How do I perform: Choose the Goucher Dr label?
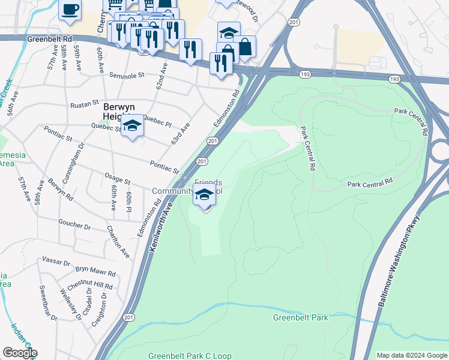pos(74,227)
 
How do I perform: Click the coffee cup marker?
pos(70,10)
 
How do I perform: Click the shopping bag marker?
pos(245,46)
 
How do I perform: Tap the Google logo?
pos(19,353)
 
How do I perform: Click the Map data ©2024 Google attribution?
pos(411,355)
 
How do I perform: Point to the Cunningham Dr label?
pos(79,154)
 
